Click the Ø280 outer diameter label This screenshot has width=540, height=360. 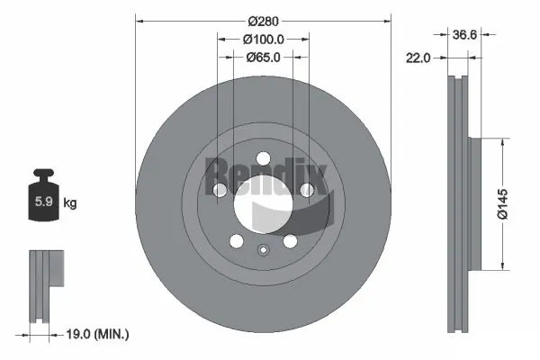coord(264,19)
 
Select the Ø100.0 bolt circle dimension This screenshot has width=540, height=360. coord(264,39)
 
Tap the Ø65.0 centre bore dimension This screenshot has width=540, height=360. coord(264,57)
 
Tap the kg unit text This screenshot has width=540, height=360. coord(70,203)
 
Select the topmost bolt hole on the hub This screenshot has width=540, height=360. coord(263,159)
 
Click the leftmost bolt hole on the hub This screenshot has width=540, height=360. coord(220,190)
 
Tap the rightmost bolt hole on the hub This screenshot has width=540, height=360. coord(306,190)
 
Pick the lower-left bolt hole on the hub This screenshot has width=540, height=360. coord(236,241)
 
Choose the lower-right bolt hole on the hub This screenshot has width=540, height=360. coord(290,241)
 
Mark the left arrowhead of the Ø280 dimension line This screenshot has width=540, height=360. coord(137,19)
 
